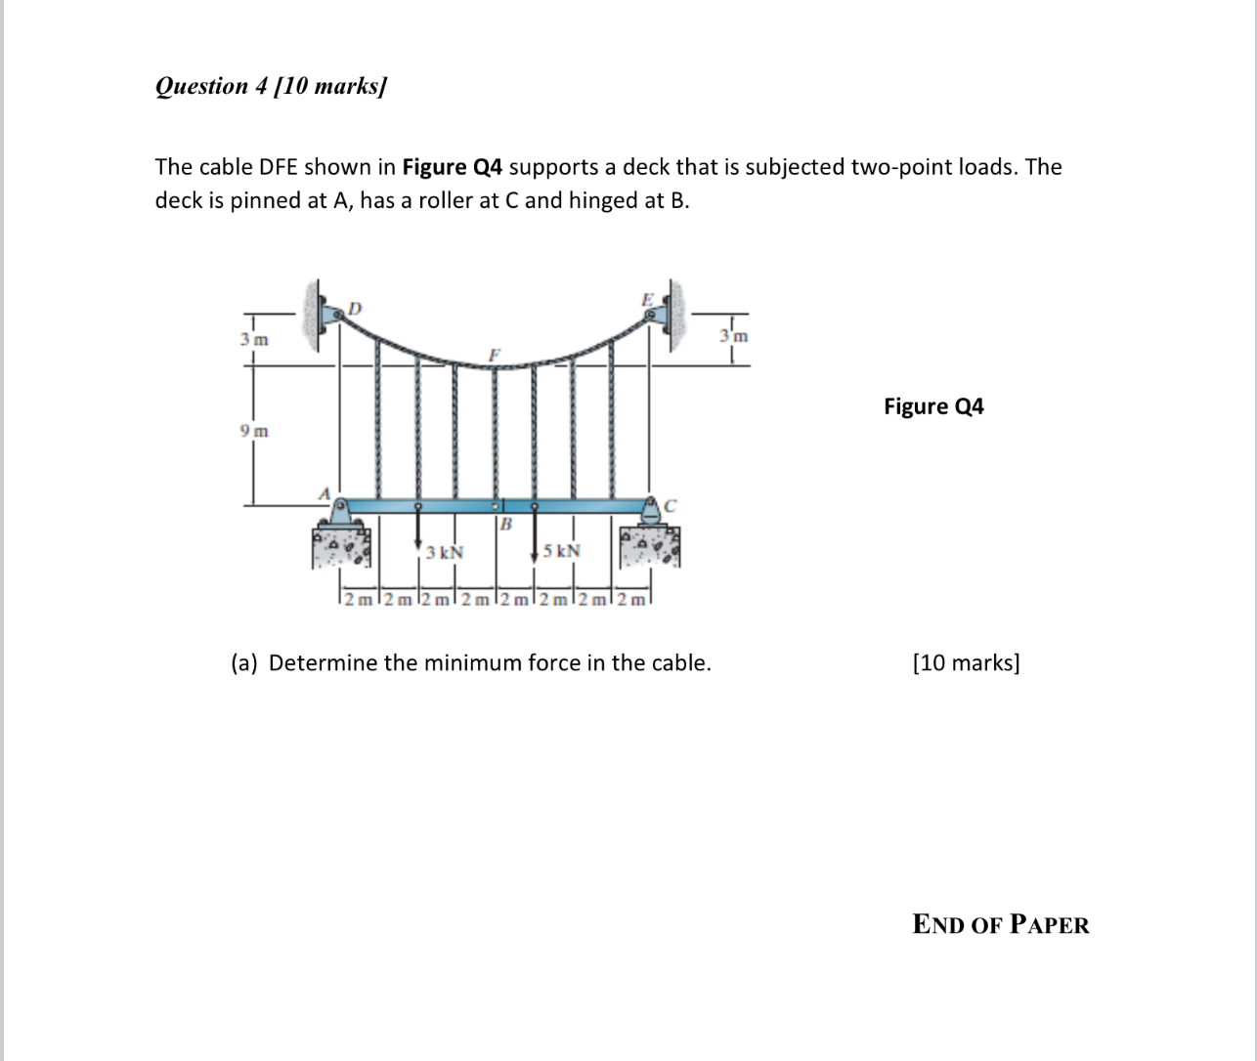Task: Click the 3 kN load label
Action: (x=445, y=552)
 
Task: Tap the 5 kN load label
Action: (x=562, y=551)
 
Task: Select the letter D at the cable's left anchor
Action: (x=355, y=308)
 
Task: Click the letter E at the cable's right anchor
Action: (x=646, y=298)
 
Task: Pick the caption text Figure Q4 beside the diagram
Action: (x=933, y=406)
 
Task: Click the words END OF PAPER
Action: (x=1000, y=924)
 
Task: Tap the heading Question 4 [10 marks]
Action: (x=271, y=86)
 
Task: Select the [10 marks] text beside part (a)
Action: (x=965, y=663)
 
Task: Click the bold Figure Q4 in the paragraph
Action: (x=453, y=167)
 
